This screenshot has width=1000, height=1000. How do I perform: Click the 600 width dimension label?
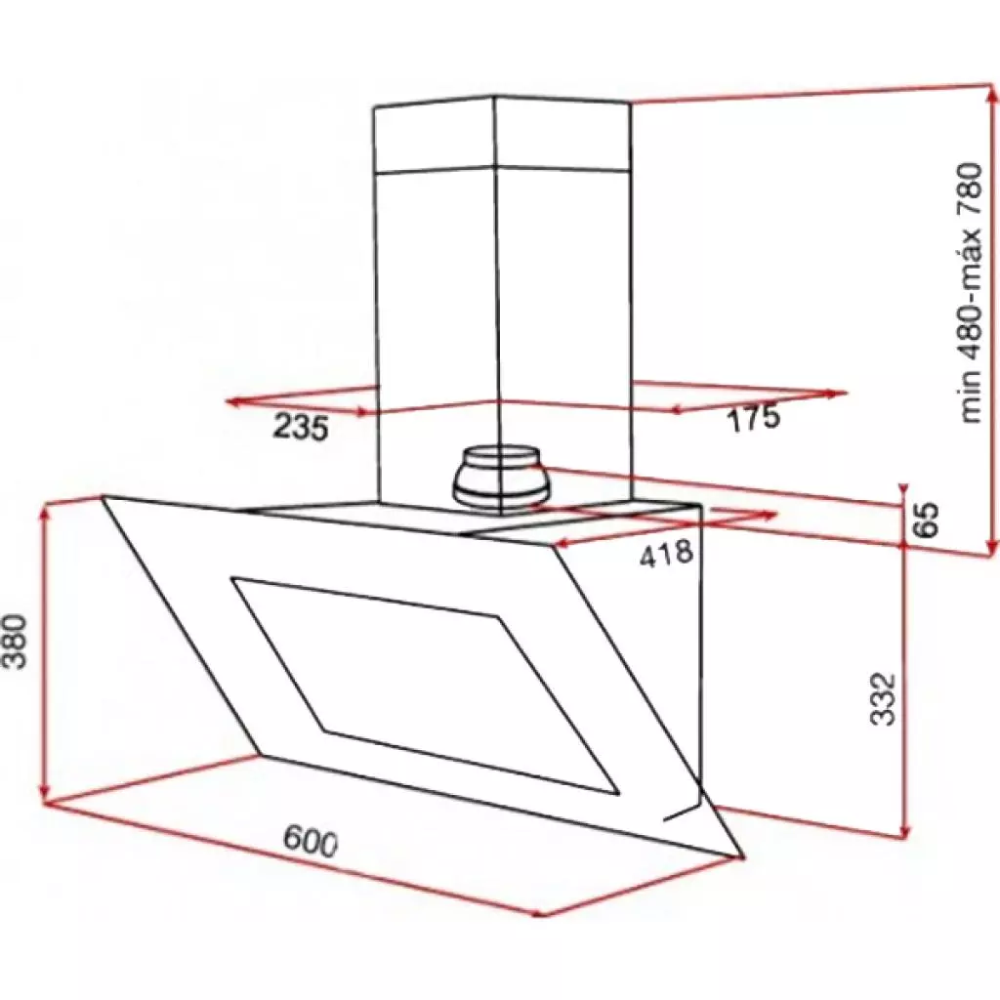coord(311,841)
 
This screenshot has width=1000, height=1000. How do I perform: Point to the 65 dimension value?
coord(928,519)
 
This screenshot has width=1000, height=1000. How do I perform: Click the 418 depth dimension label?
coord(667,554)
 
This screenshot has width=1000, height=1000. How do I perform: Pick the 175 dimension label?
coord(753,418)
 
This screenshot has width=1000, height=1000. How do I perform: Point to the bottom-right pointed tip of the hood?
coord(740,858)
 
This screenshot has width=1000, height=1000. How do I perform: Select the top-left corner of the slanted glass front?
coord(104,497)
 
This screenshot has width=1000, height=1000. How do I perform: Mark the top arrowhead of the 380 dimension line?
coord(44,512)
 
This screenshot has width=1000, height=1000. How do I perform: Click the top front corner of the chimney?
coord(493,97)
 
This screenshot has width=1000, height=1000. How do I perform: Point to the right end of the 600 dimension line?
coord(538,916)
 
